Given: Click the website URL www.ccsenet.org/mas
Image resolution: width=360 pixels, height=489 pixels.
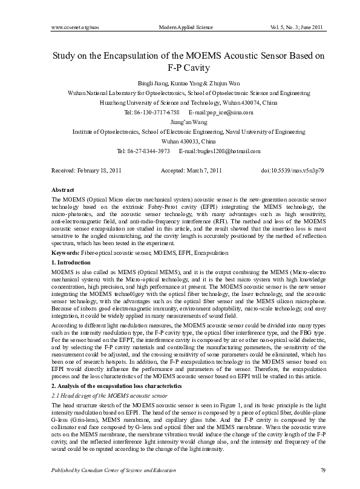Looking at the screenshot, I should point(74,28).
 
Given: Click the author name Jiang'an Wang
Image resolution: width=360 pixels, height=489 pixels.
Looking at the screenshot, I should point(180,122).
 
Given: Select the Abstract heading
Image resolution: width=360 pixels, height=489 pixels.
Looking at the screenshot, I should point(64,189).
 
